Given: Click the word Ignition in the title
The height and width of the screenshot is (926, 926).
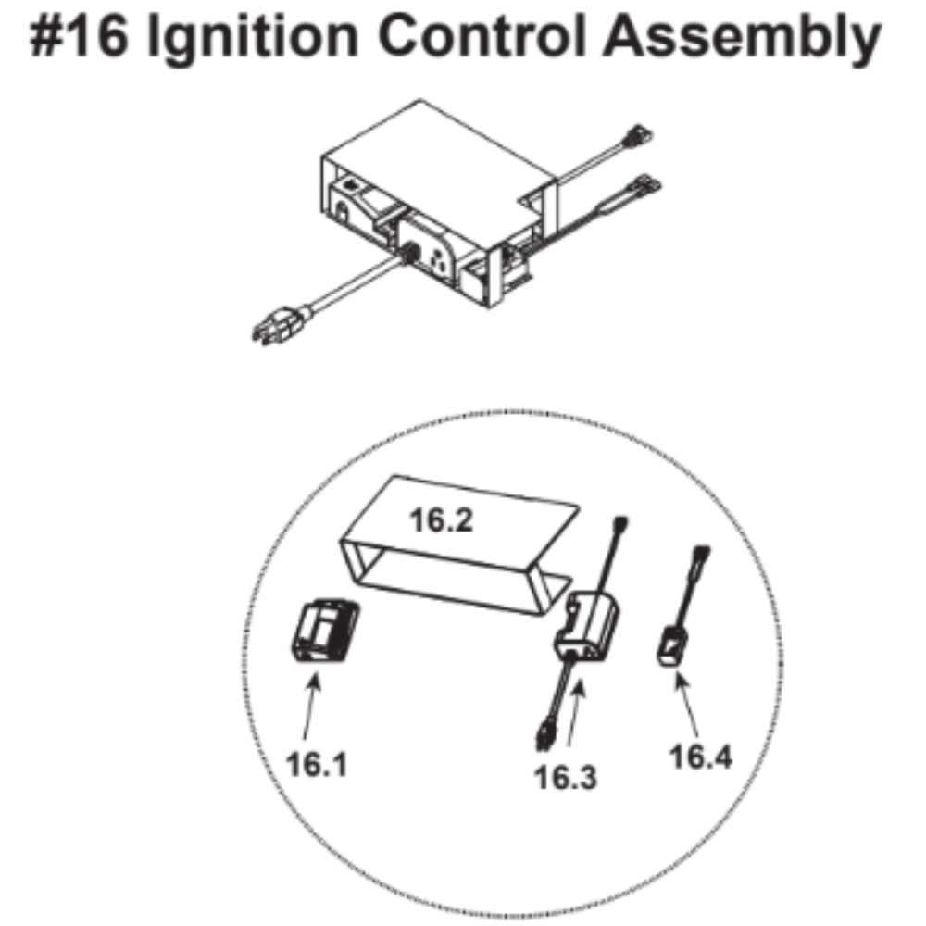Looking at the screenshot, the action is pos(252,38).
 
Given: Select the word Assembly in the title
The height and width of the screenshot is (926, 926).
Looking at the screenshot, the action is pos(741,38).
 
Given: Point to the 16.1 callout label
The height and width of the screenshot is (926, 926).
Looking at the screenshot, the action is pos(317,764).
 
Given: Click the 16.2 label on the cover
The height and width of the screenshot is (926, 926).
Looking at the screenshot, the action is pos(441,520).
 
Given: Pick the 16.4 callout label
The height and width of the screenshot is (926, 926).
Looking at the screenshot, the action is pos(700,757).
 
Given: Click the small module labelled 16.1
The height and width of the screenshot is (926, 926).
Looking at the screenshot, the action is pos(325,631).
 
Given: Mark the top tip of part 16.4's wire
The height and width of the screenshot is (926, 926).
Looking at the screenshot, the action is pos(704,549).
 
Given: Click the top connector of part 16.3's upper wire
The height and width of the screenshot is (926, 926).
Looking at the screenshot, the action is pos(621,524).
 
